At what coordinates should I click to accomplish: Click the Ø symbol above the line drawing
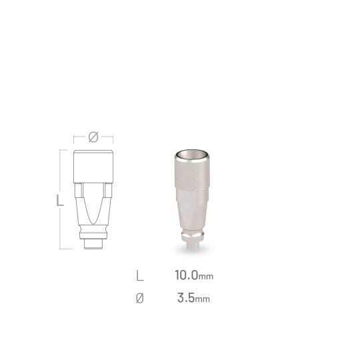click(93, 137)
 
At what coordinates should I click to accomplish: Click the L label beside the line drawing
click(60, 200)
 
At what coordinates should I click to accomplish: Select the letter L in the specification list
click(139, 275)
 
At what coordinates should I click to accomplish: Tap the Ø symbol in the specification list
click(140, 298)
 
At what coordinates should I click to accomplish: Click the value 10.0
click(186, 275)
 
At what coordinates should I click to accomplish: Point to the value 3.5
click(186, 298)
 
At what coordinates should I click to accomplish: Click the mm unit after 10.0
click(206, 277)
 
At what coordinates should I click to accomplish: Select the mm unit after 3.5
click(202, 299)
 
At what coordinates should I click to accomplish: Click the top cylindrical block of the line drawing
click(93, 167)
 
